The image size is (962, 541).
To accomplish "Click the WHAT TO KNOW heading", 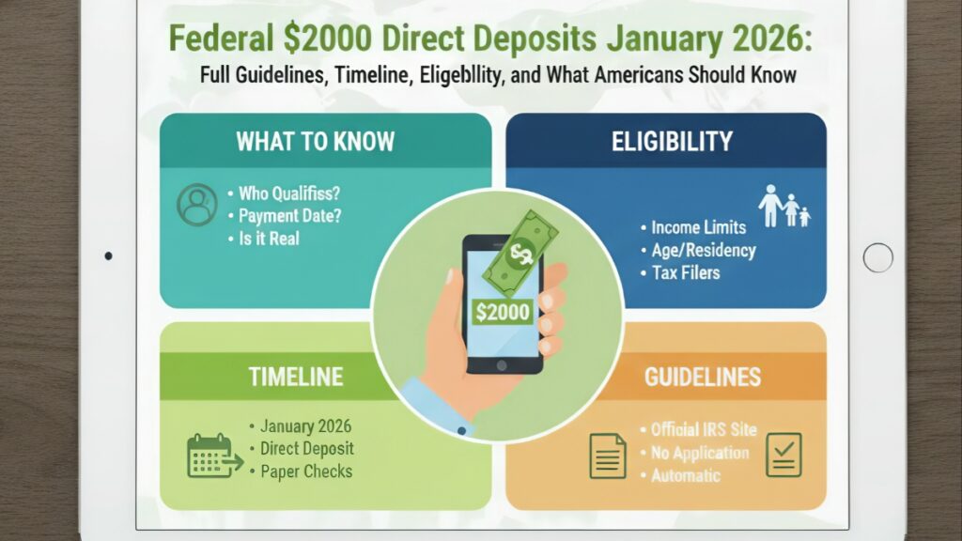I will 315,143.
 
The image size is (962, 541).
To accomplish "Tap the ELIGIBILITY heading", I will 671,142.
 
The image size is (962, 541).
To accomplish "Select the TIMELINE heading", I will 296,378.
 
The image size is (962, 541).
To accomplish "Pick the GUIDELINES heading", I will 703,378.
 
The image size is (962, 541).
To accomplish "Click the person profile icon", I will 197,206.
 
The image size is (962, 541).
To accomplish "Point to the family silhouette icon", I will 784,206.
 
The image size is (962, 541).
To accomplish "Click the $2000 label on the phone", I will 503,311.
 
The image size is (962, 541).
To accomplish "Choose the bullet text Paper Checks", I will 307,471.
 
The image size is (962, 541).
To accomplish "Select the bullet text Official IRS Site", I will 704,429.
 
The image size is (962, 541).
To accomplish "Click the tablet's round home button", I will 877,256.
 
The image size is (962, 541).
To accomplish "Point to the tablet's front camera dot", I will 109,255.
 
